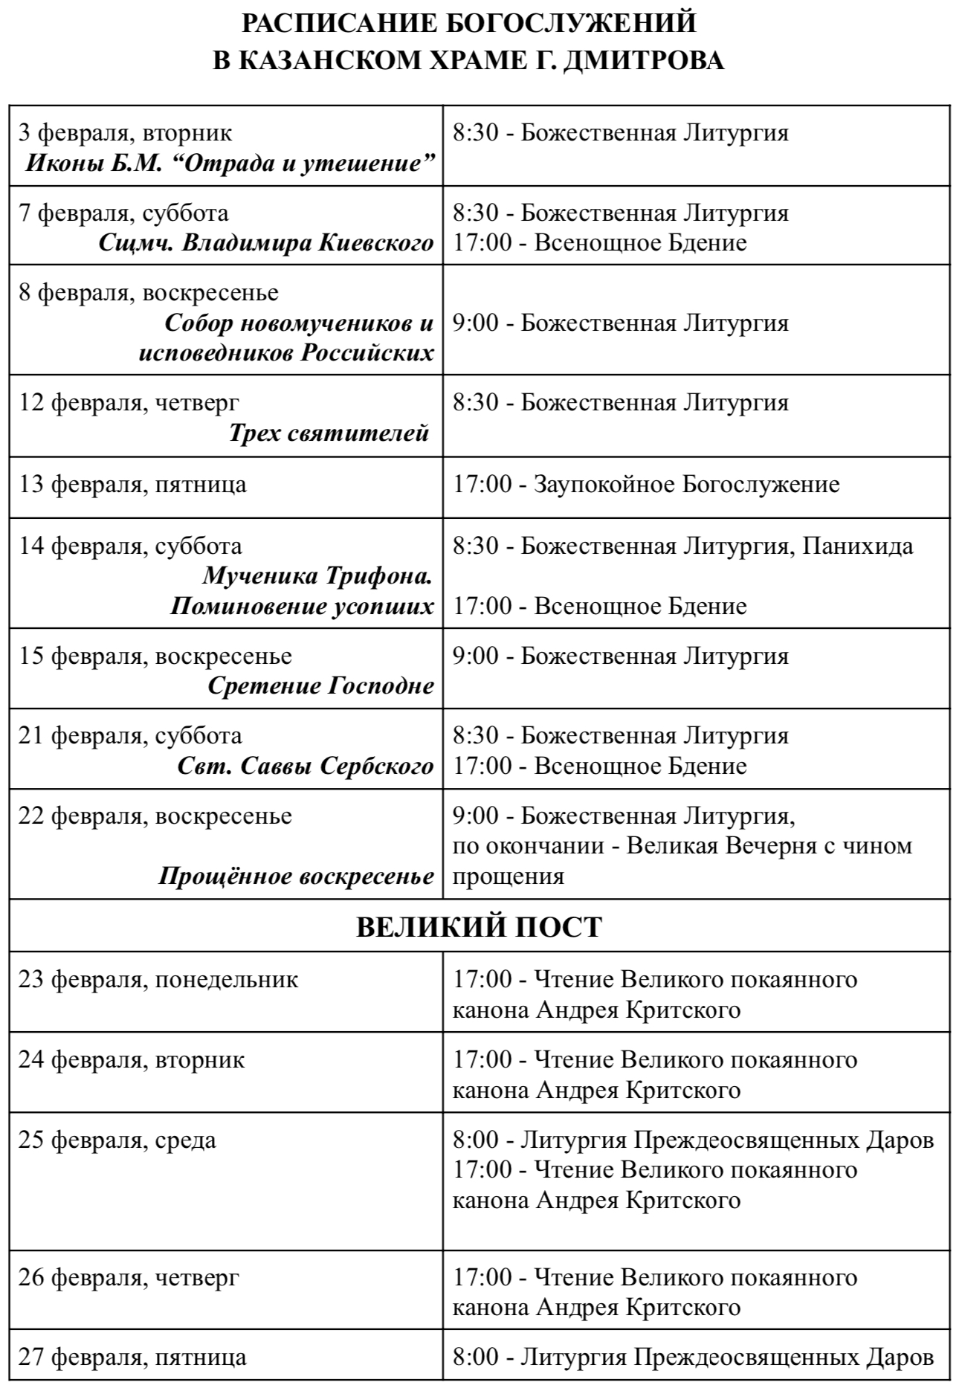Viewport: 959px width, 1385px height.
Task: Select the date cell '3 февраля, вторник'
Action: point(125,133)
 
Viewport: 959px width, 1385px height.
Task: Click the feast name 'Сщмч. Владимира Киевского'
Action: point(266,243)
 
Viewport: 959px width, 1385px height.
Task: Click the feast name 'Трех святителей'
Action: point(329,433)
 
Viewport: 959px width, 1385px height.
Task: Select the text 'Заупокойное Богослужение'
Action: point(687,485)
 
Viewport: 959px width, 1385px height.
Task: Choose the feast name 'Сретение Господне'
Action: point(320,685)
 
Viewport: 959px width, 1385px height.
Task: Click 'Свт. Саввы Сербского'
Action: point(306,766)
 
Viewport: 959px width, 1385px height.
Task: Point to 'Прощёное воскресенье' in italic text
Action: point(296,876)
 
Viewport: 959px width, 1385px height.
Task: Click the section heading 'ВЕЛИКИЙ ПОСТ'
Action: point(479,927)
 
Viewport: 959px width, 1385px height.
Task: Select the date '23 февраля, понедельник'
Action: point(158,979)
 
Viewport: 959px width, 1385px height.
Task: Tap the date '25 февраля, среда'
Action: point(117,1140)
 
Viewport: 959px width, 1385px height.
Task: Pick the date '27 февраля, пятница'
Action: point(132,1357)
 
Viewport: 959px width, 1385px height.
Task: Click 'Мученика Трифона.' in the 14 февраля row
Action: point(317,576)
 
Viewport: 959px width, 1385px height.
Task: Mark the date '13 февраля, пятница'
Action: point(132,485)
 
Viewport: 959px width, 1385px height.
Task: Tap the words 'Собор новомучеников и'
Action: point(299,323)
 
